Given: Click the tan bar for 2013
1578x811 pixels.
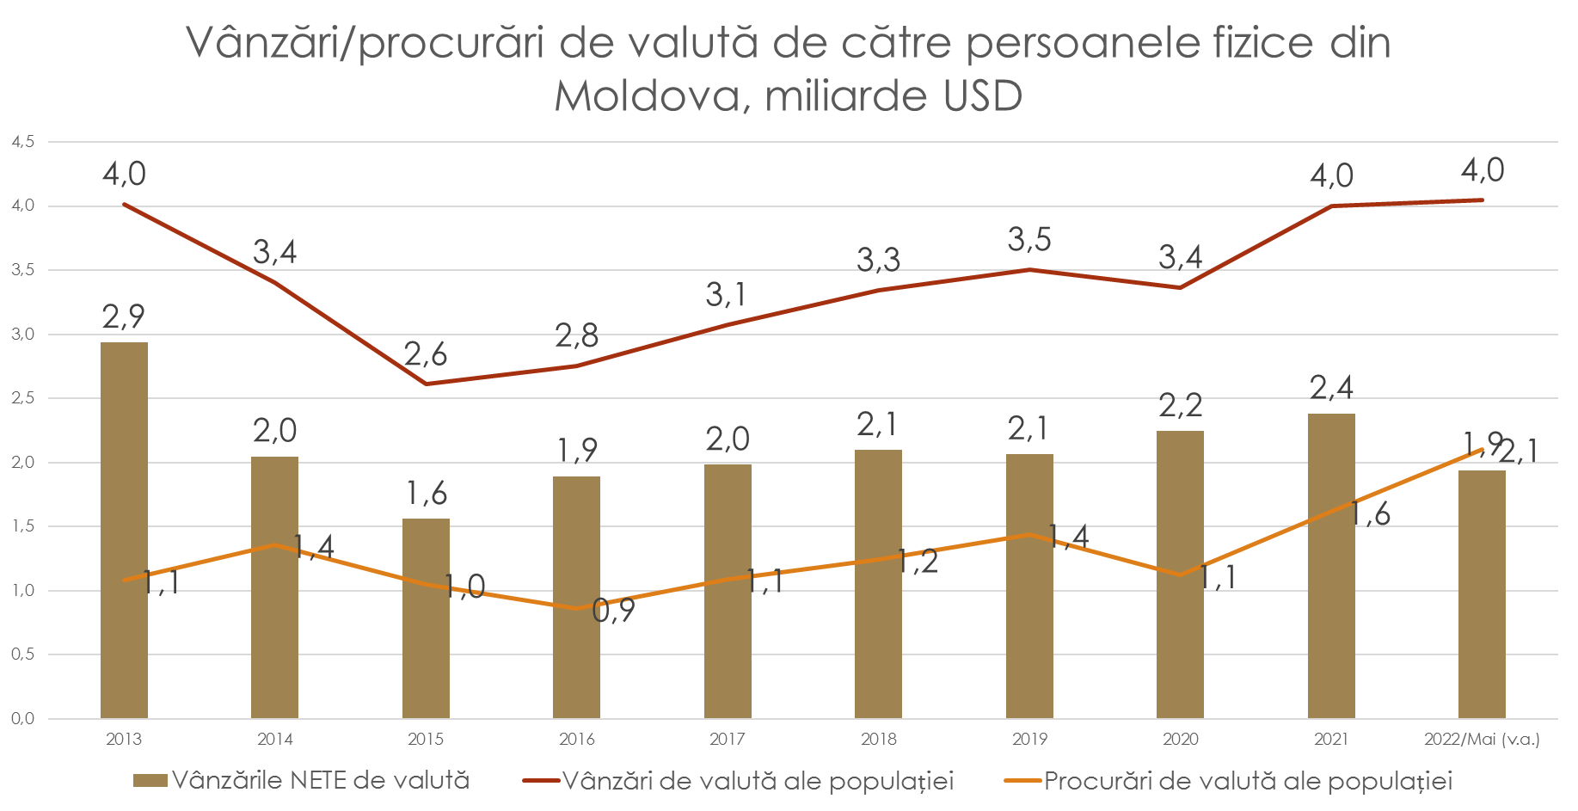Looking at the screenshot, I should [x=124, y=530].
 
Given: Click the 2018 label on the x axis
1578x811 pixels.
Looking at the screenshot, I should [x=878, y=739].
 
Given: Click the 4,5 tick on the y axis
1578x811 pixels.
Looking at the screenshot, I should [x=22, y=142].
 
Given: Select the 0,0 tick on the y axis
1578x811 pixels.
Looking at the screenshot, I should [x=22, y=719].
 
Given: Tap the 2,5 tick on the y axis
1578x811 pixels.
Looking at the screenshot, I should [x=22, y=398].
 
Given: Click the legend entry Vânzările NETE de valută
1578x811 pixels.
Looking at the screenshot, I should [x=320, y=781].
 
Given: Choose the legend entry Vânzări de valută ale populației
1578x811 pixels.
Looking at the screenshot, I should [x=758, y=781].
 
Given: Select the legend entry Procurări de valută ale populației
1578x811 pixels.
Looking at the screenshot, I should [x=1248, y=781].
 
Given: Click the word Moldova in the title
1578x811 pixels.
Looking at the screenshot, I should [x=647, y=95].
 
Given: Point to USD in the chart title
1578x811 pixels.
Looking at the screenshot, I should [x=982, y=95].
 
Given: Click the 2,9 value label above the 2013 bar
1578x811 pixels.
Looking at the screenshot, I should [x=124, y=317].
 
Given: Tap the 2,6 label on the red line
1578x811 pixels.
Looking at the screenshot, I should [x=426, y=354].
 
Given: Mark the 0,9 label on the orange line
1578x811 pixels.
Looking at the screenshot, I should [x=613, y=611].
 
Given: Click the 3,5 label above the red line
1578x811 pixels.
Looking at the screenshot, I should [x=1029, y=240].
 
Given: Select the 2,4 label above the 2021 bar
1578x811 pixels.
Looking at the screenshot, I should [x=1331, y=388].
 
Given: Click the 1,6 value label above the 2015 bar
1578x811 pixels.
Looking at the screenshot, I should [x=426, y=494].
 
